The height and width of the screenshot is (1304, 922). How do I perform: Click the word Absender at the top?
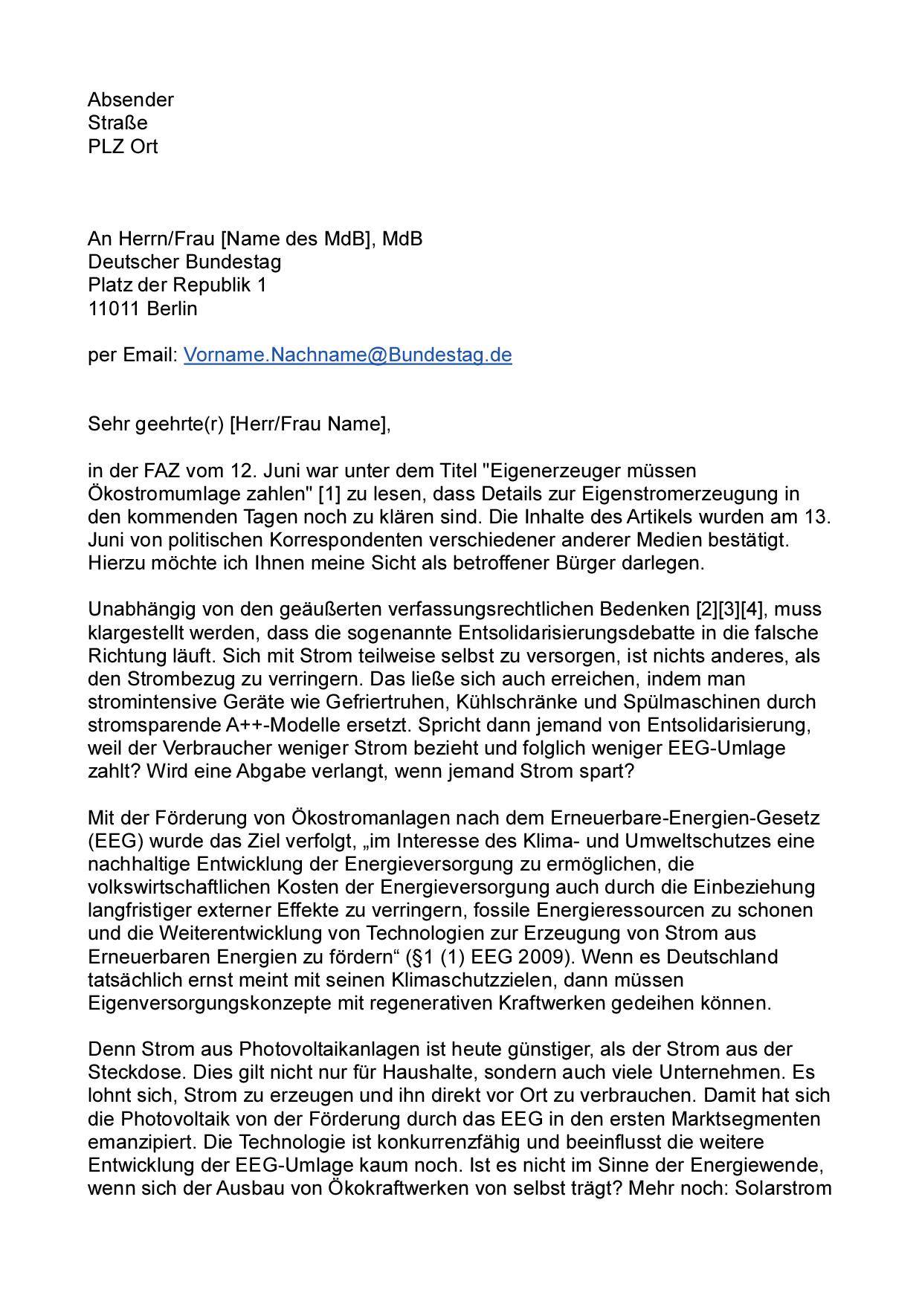click(131, 100)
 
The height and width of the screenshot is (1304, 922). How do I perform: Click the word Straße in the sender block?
click(117, 123)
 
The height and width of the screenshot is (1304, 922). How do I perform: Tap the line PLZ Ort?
click(123, 146)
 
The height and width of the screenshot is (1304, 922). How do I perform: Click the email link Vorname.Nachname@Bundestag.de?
click(347, 355)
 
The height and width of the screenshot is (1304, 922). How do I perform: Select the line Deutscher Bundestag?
click(184, 262)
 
